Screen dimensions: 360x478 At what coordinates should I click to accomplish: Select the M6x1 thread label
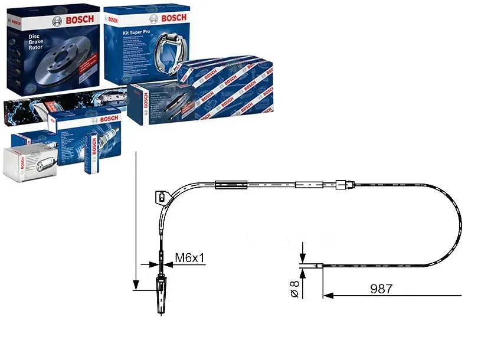(190, 257)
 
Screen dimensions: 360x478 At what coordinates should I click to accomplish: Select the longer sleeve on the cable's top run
(227, 185)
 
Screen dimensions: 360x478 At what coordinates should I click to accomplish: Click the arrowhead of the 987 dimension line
(328, 294)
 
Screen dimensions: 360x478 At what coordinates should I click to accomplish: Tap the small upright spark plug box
(92, 154)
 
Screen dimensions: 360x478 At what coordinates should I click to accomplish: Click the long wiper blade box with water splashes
(59, 106)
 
